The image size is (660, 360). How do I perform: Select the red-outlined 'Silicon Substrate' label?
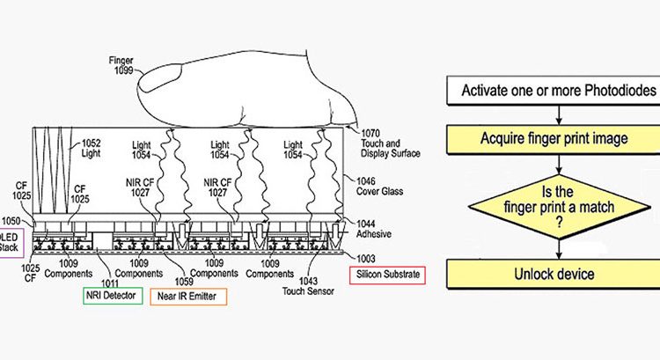(387, 276)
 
